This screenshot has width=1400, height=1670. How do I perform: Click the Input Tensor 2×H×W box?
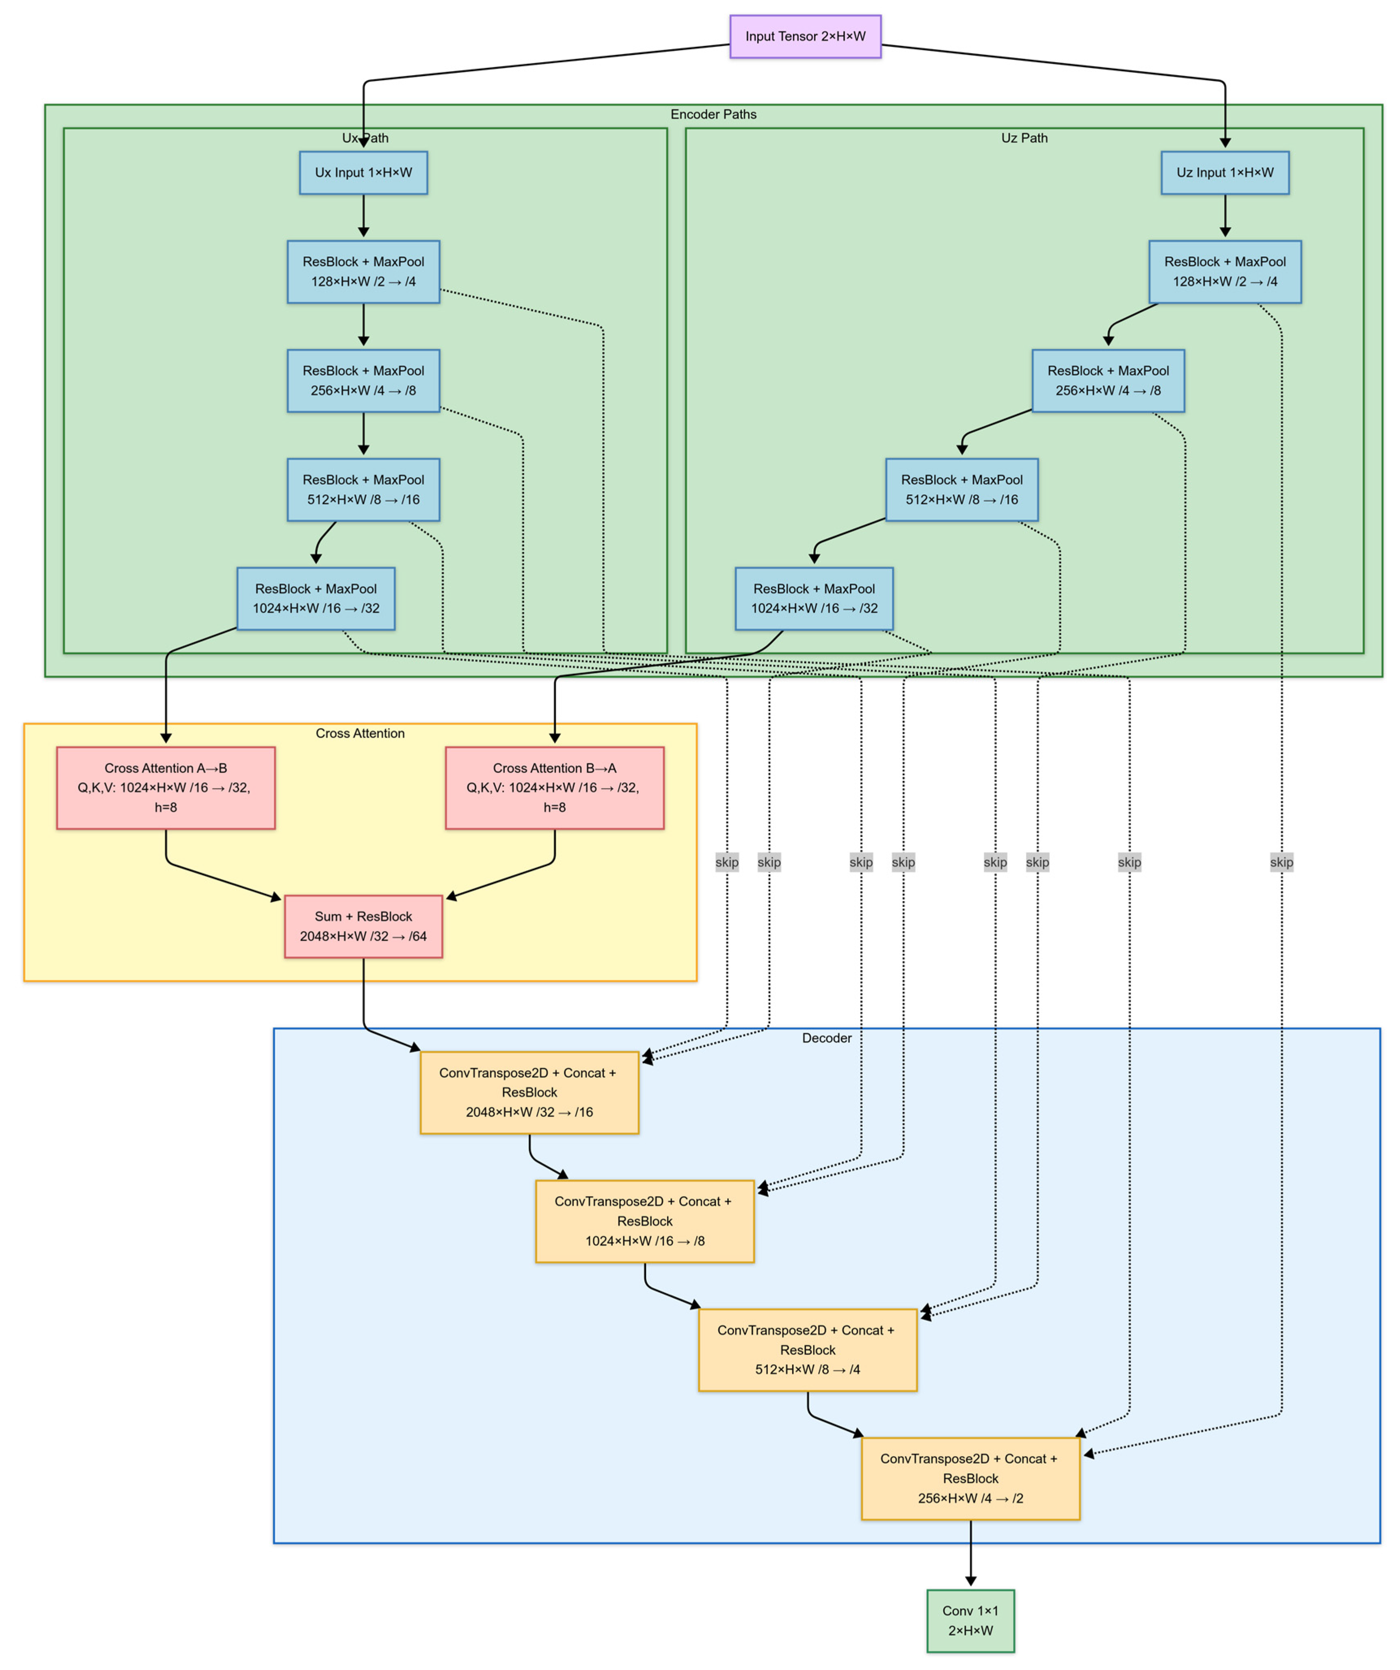(x=805, y=37)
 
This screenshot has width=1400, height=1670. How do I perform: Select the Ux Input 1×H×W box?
(x=363, y=173)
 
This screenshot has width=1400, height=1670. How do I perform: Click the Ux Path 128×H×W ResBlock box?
(x=363, y=271)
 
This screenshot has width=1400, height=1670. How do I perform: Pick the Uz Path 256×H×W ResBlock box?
(x=1108, y=380)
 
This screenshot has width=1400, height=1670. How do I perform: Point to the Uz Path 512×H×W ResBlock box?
(x=962, y=489)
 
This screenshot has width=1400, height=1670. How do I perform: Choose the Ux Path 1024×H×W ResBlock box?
(x=316, y=598)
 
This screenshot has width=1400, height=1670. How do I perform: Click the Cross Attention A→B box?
(x=165, y=787)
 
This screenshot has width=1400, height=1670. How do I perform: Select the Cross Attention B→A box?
(x=554, y=787)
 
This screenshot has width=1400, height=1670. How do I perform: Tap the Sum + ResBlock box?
(x=363, y=926)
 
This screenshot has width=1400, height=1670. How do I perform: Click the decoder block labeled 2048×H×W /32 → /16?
(x=529, y=1092)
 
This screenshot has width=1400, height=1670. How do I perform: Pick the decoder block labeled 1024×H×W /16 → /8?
(x=644, y=1221)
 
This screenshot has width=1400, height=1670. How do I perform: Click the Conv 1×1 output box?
(x=970, y=1620)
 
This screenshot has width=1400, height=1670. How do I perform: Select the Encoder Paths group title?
(x=713, y=115)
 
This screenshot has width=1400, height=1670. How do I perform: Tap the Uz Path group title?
(x=1024, y=138)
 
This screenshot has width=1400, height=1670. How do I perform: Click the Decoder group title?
(x=826, y=1038)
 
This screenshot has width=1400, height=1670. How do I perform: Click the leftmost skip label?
(x=726, y=862)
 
